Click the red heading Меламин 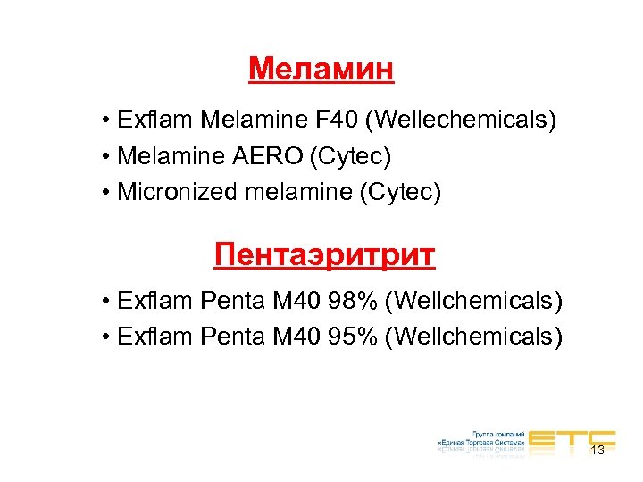coord(321,69)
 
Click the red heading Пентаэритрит coord(324,255)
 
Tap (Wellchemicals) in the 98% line coord(473,302)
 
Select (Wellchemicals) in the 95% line coord(473,337)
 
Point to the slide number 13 coord(597,451)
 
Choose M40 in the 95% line coord(288,337)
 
